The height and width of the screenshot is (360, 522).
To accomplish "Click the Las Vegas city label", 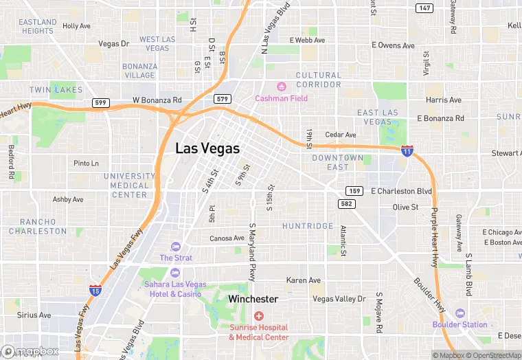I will tap(207, 148).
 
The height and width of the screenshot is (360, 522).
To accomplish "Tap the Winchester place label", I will tap(253, 299).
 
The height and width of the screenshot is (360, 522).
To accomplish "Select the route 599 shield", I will tap(101, 102).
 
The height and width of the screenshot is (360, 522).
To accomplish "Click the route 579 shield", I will tap(221, 99).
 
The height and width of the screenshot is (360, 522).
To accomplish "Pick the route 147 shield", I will tap(424, 8).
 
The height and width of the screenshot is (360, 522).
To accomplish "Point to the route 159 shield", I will tap(354, 191).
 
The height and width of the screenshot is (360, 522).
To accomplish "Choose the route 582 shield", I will tap(346, 204).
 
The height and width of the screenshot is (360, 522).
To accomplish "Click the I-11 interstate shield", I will tap(407, 150).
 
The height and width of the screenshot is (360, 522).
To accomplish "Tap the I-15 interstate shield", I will tap(95, 290).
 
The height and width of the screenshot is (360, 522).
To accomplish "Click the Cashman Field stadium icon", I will tap(281, 87).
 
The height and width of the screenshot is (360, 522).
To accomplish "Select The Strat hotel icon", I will tap(176, 247).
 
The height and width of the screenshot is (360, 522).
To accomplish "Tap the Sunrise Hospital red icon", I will tap(258, 316).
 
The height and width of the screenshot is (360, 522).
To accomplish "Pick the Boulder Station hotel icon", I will tap(459, 313).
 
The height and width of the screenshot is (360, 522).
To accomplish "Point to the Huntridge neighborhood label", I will tap(307, 226).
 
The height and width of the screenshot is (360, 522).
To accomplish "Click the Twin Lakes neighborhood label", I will tap(56, 90).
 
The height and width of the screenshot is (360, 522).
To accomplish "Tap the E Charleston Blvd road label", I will tap(401, 191).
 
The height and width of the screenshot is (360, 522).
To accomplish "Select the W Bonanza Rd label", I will tap(157, 100).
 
